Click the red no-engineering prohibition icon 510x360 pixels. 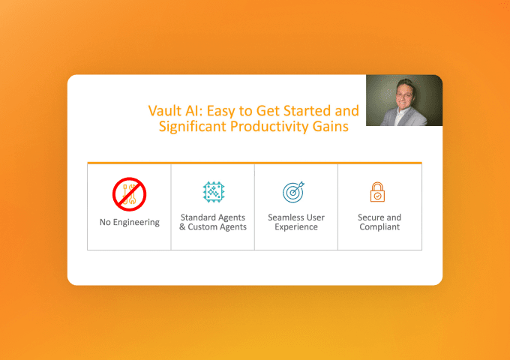coord(130,194)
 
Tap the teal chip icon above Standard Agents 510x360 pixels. coord(213,192)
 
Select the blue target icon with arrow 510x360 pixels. coord(294,192)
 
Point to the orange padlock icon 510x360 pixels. coord(377,192)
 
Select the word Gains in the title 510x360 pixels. coord(331,126)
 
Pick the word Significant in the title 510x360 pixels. coord(193,127)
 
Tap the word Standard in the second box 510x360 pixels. coord(199,217)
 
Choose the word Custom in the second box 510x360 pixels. coord(202,226)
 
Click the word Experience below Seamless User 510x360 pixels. coord(296,227)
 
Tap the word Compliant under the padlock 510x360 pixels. coord(379,227)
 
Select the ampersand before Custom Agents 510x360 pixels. coord(182,226)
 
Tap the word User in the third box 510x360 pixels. coord(316,217)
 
